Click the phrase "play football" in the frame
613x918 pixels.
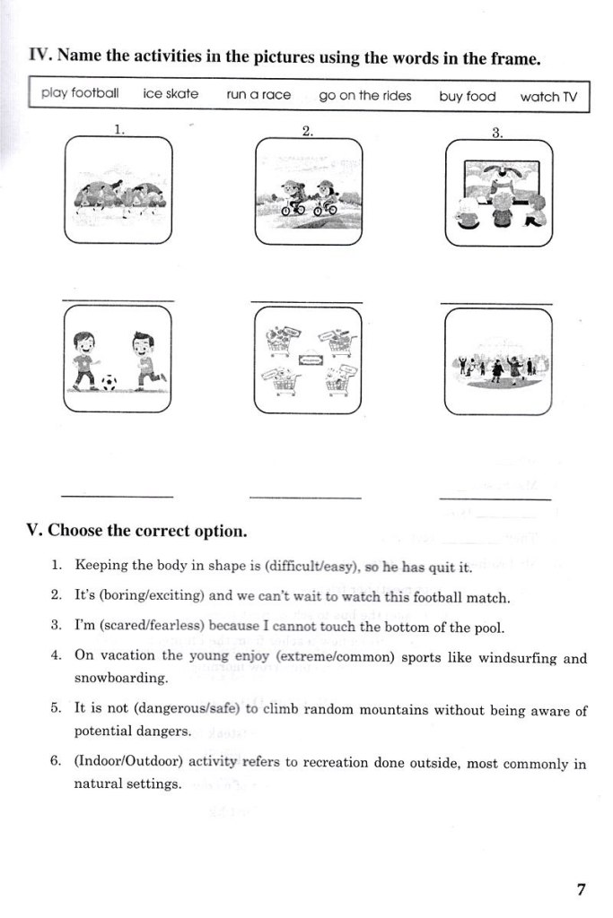click(80, 93)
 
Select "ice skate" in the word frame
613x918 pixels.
click(171, 93)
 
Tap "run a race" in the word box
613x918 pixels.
click(258, 95)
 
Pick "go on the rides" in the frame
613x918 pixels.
click(365, 96)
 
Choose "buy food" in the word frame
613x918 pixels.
click(468, 97)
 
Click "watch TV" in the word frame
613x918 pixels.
click(548, 97)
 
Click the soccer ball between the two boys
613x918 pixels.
click(109, 383)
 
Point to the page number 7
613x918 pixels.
click(581, 890)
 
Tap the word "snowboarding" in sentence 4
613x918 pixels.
click(121, 678)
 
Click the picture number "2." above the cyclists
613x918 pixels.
click(308, 132)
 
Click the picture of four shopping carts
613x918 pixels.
click(308, 360)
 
